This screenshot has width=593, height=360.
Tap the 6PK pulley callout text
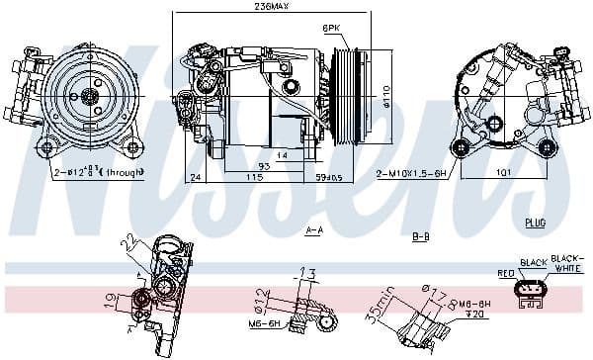point(334,30)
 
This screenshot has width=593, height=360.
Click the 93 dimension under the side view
point(237,165)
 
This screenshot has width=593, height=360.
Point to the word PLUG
point(536,223)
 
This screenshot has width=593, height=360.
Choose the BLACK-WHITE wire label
point(566,262)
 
